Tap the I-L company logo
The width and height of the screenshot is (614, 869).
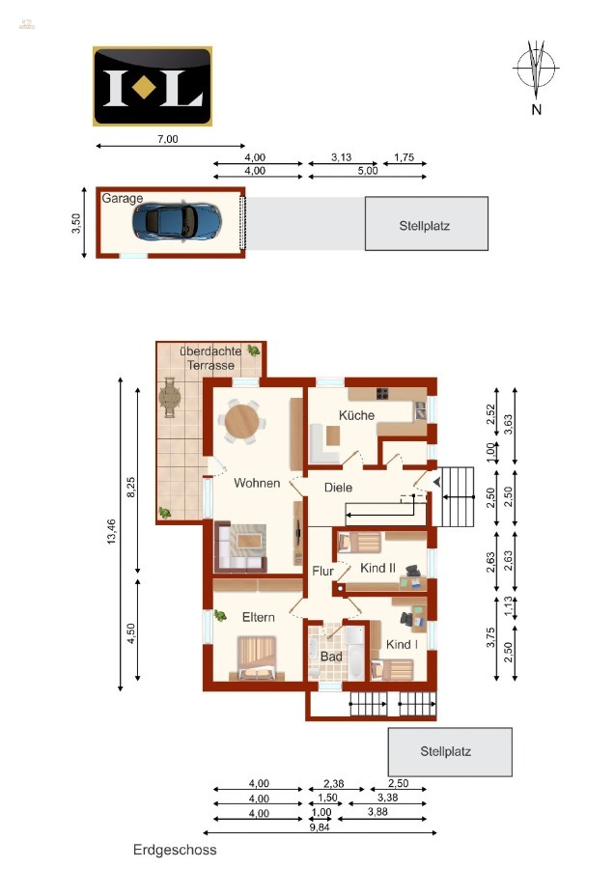click(x=152, y=86)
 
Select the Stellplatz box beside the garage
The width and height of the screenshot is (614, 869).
click(x=426, y=224)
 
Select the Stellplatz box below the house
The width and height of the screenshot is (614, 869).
click(x=449, y=751)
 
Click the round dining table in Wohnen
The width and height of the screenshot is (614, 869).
click(x=240, y=420)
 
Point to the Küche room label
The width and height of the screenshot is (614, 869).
click(x=354, y=414)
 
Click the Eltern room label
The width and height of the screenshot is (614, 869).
click(x=259, y=617)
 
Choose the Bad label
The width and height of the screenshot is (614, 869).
click(x=331, y=656)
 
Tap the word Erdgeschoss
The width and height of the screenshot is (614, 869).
click(x=175, y=850)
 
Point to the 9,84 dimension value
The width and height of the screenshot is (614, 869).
click(x=320, y=824)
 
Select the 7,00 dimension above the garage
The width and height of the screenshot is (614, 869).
click(x=167, y=139)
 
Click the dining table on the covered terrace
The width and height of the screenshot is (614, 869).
click(x=170, y=397)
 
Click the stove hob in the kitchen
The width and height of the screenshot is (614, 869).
click(x=382, y=393)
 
